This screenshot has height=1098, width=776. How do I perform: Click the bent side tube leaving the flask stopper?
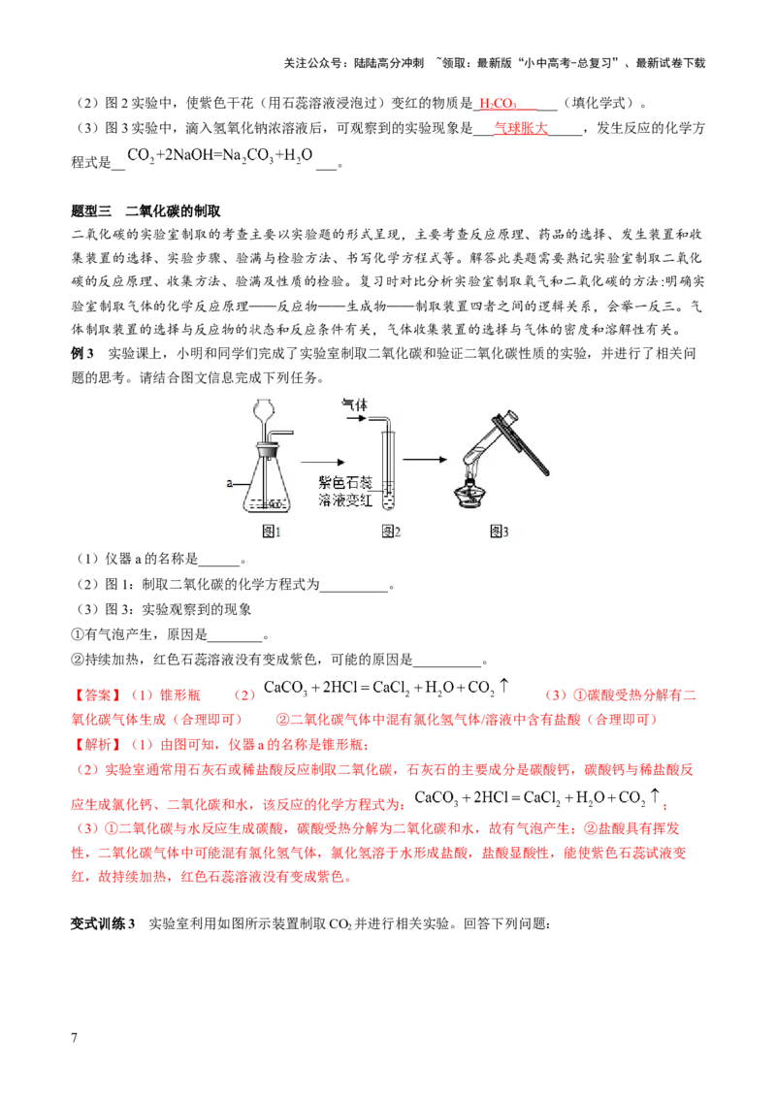pos(284,433)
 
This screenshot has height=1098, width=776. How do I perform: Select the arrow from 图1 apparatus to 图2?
pos(321,466)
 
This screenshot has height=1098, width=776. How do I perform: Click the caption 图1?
pos(271,531)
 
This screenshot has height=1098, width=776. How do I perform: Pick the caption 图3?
pos(499,531)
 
